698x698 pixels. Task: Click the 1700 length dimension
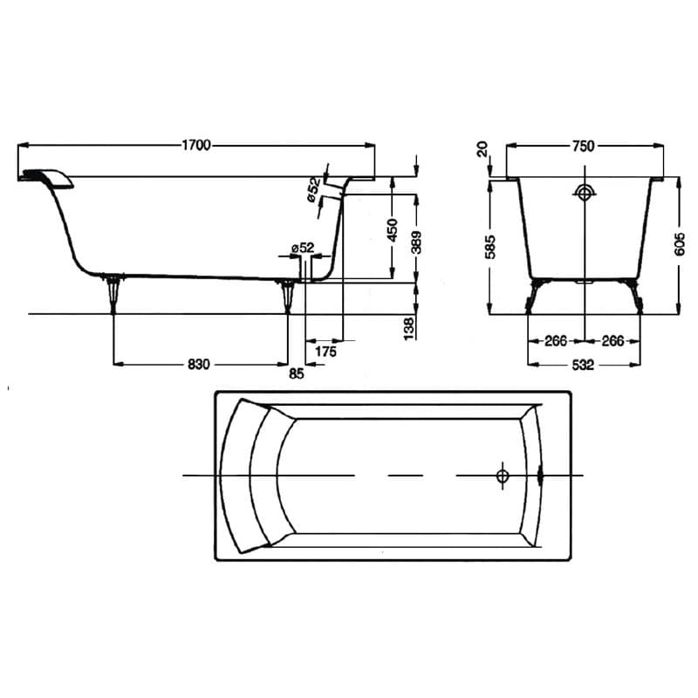[195, 146]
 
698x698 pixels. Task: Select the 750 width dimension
[583, 146]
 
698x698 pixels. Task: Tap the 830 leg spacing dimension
[199, 364]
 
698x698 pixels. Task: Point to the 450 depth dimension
[392, 229]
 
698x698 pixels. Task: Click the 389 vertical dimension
[416, 243]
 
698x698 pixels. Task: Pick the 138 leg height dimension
[409, 329]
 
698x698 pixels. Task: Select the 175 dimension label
[325, 352]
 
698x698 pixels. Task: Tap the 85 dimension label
[297, 373]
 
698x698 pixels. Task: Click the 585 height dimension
[490, 247]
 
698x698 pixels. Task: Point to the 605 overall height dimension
[680, 244]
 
